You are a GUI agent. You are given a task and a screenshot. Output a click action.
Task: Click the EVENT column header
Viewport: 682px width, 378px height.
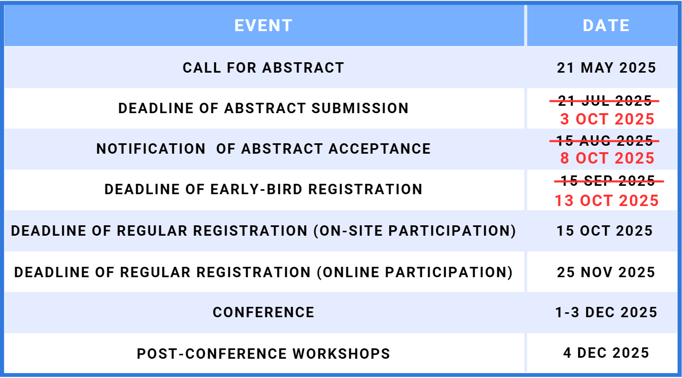pyautogui.click(x=264, y=25)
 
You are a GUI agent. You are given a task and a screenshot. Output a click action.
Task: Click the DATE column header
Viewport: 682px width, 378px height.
pyautogui.click(x=606, y=25)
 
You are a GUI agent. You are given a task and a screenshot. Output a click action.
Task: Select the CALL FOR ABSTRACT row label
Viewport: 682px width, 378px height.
pyautogui.click(x=264, y=68)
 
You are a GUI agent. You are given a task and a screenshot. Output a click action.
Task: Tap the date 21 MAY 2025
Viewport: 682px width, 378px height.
pyautogui.click(x=606, y=68)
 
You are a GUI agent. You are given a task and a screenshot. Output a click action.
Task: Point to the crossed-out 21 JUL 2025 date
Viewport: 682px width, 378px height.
pyautogui.click(x=605, y=101)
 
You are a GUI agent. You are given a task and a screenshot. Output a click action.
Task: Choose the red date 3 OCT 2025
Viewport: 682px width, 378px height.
pyautogui.click(x=607, y=119)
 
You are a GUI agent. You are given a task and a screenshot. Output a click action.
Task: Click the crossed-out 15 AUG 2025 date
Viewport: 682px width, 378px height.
pyautogui.click(x=605, y=140)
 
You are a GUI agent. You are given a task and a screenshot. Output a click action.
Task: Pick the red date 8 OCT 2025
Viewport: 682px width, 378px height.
pyautogui.click(x=607, y=158)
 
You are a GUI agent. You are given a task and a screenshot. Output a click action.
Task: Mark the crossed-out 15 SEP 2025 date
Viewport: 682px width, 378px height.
pyautogui.click(x=608, y=181)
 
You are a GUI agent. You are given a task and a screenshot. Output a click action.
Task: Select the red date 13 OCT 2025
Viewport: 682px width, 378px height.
pyautogui.click(x=607, y=201)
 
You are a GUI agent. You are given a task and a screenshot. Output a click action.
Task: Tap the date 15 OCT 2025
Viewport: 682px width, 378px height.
pyautogui.click(x=605, y=231)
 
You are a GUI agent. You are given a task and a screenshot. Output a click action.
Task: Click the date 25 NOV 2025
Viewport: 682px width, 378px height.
pyautogui.click(x=606, y=272)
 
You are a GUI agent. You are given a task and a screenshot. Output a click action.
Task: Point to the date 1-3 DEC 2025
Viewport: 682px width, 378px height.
pyautogui.click(x=606, y=312)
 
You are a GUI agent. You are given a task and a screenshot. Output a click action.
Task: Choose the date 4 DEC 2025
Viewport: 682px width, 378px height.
pyautogui.click(x=606, y=353)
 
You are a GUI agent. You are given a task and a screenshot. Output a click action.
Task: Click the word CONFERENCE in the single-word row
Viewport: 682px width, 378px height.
pyautogui.click(x=264, y=312)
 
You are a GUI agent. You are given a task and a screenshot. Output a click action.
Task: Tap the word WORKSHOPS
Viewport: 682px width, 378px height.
pyautogui.click(x=341, y=354)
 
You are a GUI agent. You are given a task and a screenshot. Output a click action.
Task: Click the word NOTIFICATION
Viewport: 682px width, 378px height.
pyautogui.click(x=151, y=149)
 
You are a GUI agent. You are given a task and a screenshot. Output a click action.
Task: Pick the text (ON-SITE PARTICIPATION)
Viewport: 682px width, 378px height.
pyautogui.click(x=415, y=231)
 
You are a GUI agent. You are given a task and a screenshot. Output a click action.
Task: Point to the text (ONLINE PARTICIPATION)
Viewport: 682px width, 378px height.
pyautogui.click(x=415, y=272)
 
